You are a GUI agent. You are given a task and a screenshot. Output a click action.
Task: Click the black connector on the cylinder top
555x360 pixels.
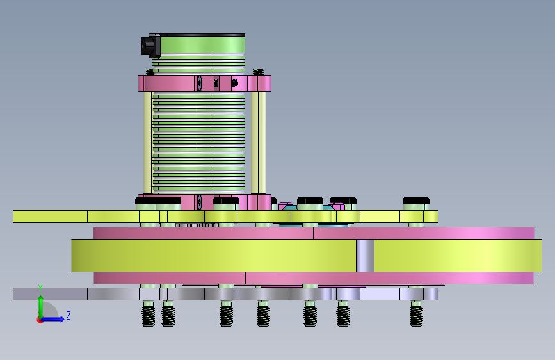(150, 46)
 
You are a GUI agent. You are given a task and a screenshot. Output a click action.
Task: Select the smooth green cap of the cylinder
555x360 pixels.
(202, 44)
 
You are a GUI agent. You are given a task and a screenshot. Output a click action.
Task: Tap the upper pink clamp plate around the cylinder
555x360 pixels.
(205, 83)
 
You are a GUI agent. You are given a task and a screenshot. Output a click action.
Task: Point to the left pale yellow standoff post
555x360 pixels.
(148, 142)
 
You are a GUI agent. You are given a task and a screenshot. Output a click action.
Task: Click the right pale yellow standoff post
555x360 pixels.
(259, 142)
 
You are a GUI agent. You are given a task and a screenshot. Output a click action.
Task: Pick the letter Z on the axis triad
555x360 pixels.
(68, 315)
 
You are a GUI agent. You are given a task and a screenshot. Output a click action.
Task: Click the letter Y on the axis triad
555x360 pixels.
(40, 288)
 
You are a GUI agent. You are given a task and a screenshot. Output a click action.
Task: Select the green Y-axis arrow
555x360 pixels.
(41, 306)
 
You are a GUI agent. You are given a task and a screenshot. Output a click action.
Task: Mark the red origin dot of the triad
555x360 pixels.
(40, 320)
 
